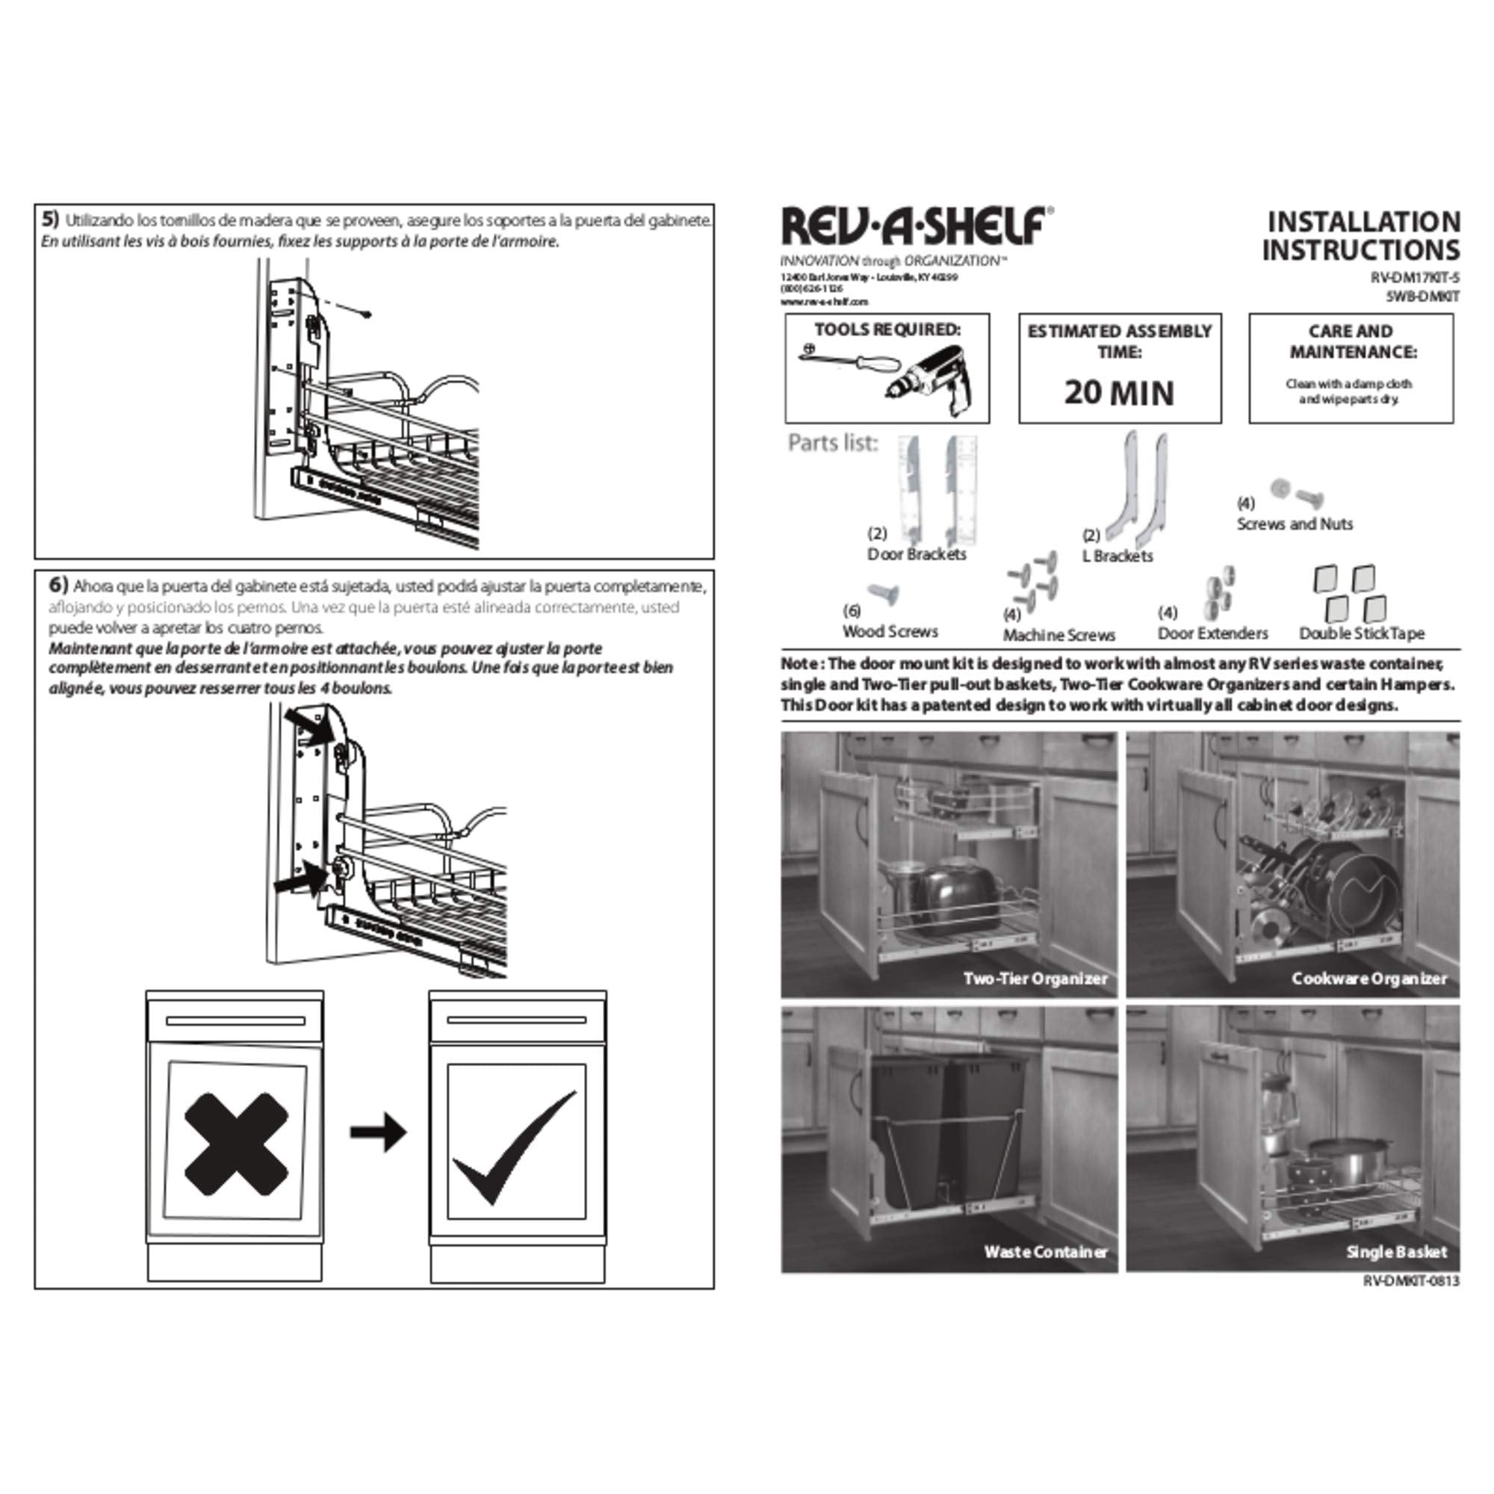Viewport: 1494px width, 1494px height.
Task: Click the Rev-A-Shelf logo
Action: click(917, 226)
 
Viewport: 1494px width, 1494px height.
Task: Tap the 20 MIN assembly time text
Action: click(1119, 393)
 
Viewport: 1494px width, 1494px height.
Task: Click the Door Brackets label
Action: click(917, 554)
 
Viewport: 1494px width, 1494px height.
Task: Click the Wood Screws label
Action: click(890, 632)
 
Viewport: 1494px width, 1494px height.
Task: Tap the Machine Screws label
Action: click(1058, 636)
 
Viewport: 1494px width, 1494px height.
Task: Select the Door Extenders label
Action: click(1212, 634)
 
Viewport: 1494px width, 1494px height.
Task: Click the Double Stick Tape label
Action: click(1361, 634)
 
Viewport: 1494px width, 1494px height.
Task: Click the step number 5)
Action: click(50, 219)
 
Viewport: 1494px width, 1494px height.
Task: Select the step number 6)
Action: click(59, 584)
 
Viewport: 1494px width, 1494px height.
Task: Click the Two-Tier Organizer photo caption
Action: click(1035, 979)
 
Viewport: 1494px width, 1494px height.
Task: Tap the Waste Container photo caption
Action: click(1045, 1252)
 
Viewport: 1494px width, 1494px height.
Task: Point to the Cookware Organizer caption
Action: click(1369, 979)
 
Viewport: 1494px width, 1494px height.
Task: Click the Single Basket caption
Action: click(1396, 1252)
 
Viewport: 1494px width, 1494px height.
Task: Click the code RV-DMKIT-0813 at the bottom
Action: click(1410, 1281)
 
